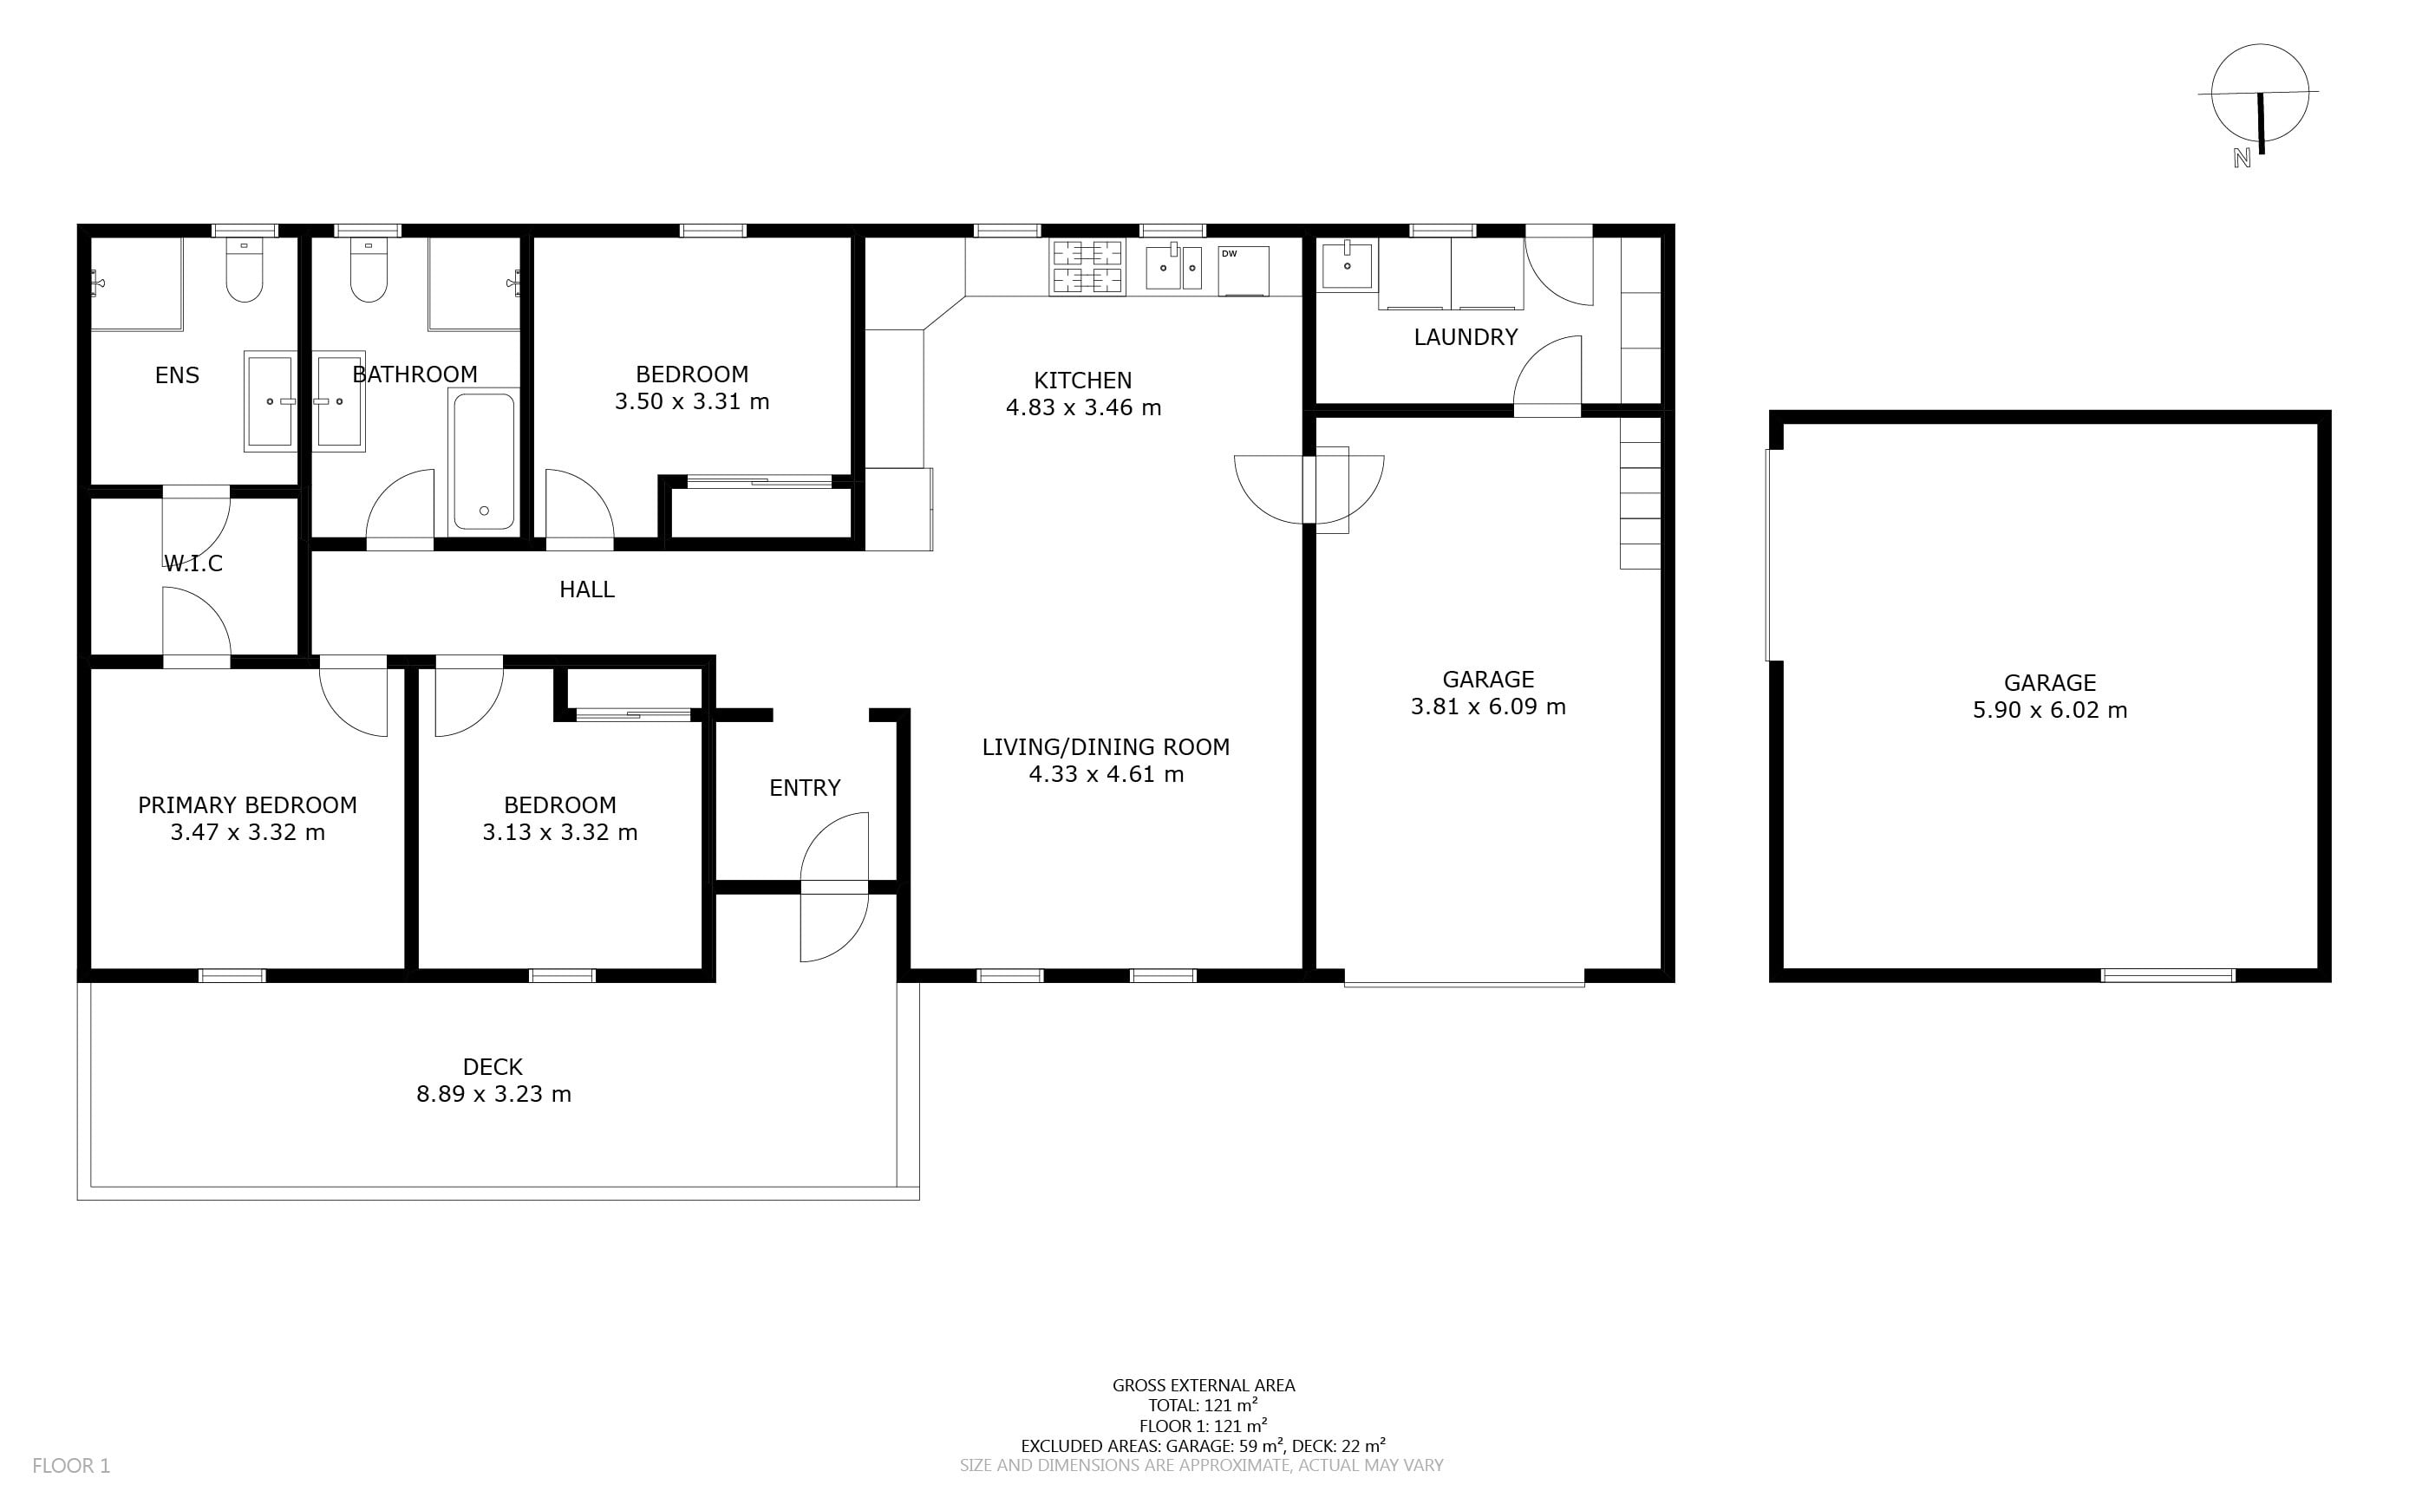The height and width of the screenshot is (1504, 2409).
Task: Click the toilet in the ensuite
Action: tap(245, 269)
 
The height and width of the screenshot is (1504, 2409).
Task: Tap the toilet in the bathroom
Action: tap(369, 269)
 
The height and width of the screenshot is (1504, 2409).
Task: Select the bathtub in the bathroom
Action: tap(485, 459)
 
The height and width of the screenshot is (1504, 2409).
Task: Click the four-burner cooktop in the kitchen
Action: tap(1087, 267)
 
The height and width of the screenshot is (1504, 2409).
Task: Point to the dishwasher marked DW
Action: tap(1244, 270)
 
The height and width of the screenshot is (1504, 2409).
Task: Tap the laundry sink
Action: tap(1348, 264)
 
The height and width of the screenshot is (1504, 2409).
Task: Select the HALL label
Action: tap(587, 589)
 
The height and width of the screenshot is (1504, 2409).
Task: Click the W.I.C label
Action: tap(193, 564)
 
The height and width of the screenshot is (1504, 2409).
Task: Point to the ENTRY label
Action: tap(805, 788)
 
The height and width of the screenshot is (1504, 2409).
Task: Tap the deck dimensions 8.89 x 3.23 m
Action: tap(493, 1094)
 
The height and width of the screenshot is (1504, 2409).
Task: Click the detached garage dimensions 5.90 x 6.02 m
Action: tap(2050, 710)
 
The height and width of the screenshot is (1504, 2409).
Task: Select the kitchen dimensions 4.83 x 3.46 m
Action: tap(1084, 407)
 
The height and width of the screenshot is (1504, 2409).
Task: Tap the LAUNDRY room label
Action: tap(1466, 337)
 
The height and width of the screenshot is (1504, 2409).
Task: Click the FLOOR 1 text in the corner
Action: tap(72, 1465)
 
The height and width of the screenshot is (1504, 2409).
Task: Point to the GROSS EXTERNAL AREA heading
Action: tap(1204, 1384)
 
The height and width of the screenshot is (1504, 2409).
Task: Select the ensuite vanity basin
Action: tap(271, 400)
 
